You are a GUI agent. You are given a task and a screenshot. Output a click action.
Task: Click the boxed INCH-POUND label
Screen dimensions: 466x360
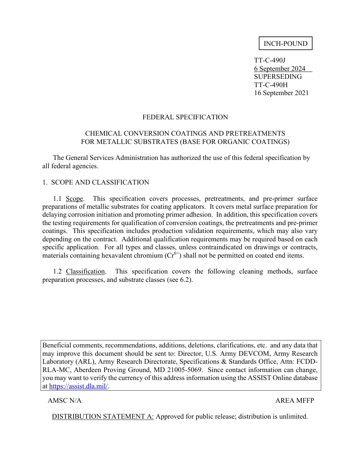point(285,44)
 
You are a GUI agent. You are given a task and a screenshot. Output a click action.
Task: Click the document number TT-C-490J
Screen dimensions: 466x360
point(269,60)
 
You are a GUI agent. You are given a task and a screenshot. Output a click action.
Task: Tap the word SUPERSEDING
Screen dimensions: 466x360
point(278,77)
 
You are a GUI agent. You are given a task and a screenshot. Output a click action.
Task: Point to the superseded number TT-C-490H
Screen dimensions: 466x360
point(271,85)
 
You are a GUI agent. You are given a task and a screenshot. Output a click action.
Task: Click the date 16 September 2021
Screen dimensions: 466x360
point(281,93)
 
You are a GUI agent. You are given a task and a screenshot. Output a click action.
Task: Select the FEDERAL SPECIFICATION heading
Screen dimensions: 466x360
point(185,117)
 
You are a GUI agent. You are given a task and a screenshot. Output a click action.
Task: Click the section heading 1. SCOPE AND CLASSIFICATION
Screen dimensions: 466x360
point(95,182)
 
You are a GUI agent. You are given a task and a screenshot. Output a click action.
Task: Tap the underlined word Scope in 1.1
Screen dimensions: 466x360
point(74,199)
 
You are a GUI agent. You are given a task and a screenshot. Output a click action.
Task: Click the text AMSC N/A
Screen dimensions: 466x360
point(64,400)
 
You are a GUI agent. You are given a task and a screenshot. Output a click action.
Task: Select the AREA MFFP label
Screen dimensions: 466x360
point(294,400)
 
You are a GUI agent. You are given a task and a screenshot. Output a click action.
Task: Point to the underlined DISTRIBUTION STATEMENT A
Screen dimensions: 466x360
point(102,416)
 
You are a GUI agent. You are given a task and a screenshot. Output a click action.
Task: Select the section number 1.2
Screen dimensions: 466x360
point(58,271)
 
